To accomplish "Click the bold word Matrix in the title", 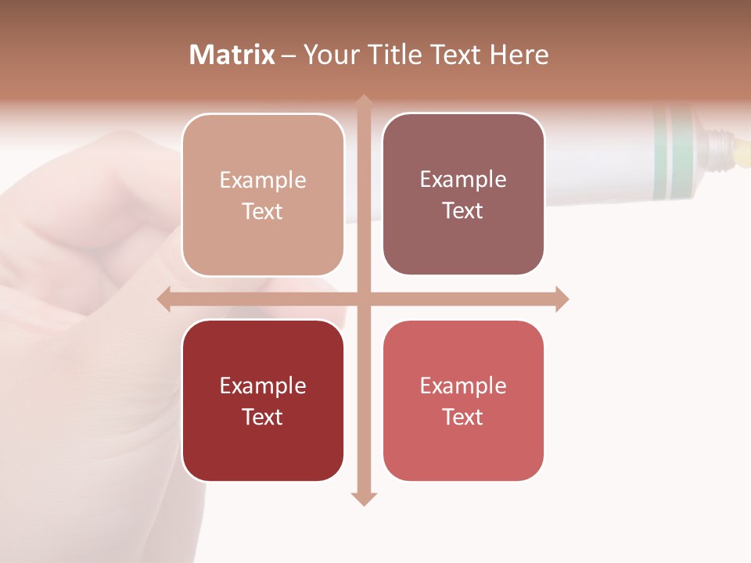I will pos(232,55).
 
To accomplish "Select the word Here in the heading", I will pos(519,55).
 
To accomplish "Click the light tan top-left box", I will pos(263,195).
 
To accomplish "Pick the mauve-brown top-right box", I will pos(463,194).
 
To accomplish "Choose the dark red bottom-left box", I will pos(263,400).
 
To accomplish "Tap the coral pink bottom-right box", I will pos(463,400).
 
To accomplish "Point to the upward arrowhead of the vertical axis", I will pos(363,102).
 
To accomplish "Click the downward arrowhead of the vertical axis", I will pos(363,498).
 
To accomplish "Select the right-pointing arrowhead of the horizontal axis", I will pos(562,299).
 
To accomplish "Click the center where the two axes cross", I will pos(363,299).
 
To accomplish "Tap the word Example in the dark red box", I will pos(263,385).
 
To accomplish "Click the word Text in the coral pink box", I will pos(463,417).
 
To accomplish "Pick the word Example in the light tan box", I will pos(263,180).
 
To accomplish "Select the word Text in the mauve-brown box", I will pos(463,210).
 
